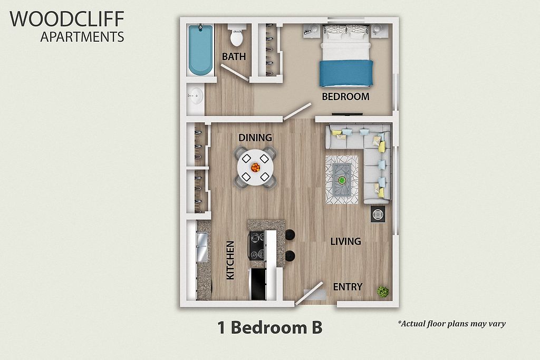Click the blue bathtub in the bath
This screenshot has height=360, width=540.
pos(200,50)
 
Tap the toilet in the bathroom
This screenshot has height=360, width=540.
pos(237,35)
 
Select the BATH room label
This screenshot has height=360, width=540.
pos(234,56)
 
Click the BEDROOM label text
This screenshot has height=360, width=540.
pos(345,96)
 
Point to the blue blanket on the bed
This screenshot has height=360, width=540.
pos(346,73)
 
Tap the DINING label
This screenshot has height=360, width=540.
pos(255,138)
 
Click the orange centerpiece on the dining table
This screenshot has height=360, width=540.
pos(256,168)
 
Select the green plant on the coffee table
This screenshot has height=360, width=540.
pos(342,180)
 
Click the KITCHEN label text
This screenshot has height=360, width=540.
pos(230,260)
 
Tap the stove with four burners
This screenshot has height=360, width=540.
pos(257,246)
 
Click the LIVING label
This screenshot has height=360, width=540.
pos(345,241)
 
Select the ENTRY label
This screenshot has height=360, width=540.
pos(348,287)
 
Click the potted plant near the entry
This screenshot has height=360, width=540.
pos(383,292)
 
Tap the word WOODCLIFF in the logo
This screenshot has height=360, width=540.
pos(67,19)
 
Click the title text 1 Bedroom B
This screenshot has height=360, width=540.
pos(269,328)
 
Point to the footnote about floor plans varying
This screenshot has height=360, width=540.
pos(451,324)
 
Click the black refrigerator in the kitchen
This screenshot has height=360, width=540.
pos(258,284)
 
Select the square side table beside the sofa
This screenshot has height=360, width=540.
pos(378,214)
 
